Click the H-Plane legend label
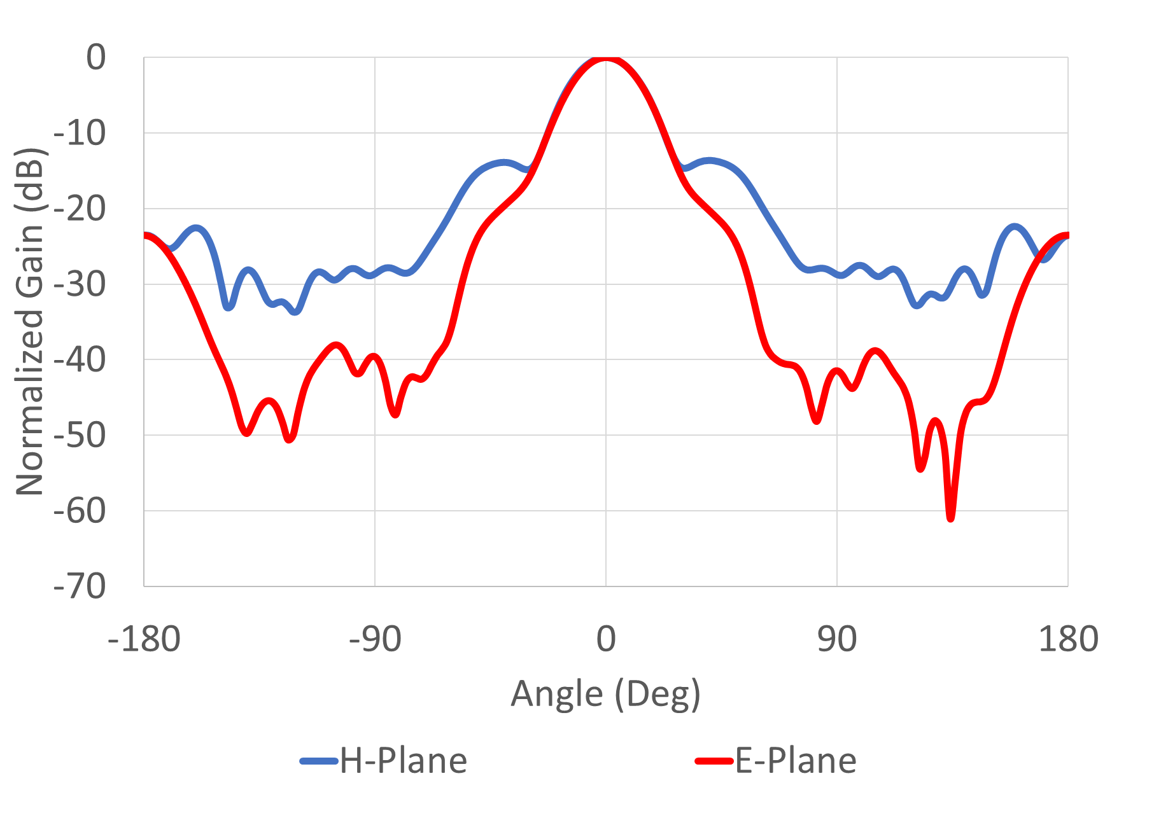pos(404,761)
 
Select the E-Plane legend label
pos(796,761)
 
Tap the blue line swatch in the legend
pos(318,761)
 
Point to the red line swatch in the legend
pos(714,761)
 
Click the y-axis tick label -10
pos(80,134)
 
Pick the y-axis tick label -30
pos(80,284)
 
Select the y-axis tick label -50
pos(80,436)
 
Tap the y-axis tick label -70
pos(80,586)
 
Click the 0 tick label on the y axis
pos(96,58)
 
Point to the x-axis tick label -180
pos(144,639)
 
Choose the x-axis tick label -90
pos(375,639)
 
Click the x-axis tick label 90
pos(837,639)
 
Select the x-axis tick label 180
pos(1068,639)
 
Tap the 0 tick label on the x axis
pos(606,639)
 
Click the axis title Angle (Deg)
pos(605,694)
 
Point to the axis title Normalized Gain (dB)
pos(30,321)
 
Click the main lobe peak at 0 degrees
pos(606,59)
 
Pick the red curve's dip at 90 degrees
pos(817,420)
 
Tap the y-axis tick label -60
pos(80,511)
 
